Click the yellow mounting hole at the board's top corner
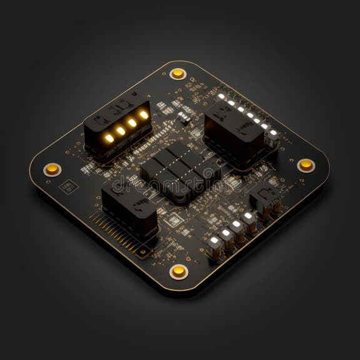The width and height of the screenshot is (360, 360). (178, 73)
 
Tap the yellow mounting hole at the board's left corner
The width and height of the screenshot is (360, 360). (52, 169)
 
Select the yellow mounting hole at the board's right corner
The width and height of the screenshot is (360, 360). (306, 164)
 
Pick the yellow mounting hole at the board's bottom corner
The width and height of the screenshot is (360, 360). (179, 271)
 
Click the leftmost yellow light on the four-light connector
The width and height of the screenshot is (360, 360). (109, 137)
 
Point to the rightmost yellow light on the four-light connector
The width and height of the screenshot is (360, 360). (144, 114)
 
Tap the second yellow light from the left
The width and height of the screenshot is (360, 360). (121, 131)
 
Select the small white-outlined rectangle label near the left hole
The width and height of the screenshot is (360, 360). (67, 186)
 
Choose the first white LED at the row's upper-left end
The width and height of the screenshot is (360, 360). (221, 96)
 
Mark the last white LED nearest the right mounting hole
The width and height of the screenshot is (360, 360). (273, 132)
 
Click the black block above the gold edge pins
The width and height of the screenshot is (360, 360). (130, 209)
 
